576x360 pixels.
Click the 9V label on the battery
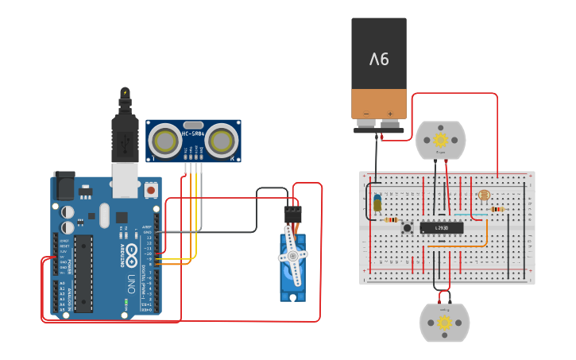tap(379, 60)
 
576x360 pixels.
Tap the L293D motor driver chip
tap(441, 228)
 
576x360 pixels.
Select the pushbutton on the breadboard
tap(407, 228)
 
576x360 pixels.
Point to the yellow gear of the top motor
tap(441, 140)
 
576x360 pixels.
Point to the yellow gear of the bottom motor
tap(445, 323)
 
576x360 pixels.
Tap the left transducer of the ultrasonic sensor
tap(165, 142)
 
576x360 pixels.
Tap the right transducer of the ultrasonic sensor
tap(222, 142)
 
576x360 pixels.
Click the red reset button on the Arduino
tap(151, 190)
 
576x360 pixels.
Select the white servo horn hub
tap(292, 256)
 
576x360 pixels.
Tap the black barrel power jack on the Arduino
tap(64, 186)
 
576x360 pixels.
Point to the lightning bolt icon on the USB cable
tap(124, 94)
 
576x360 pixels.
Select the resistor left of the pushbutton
tap(390, 220)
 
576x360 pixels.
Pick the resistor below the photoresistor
tap(497, 210)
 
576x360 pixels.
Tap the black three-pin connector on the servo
tap(293, 215)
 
